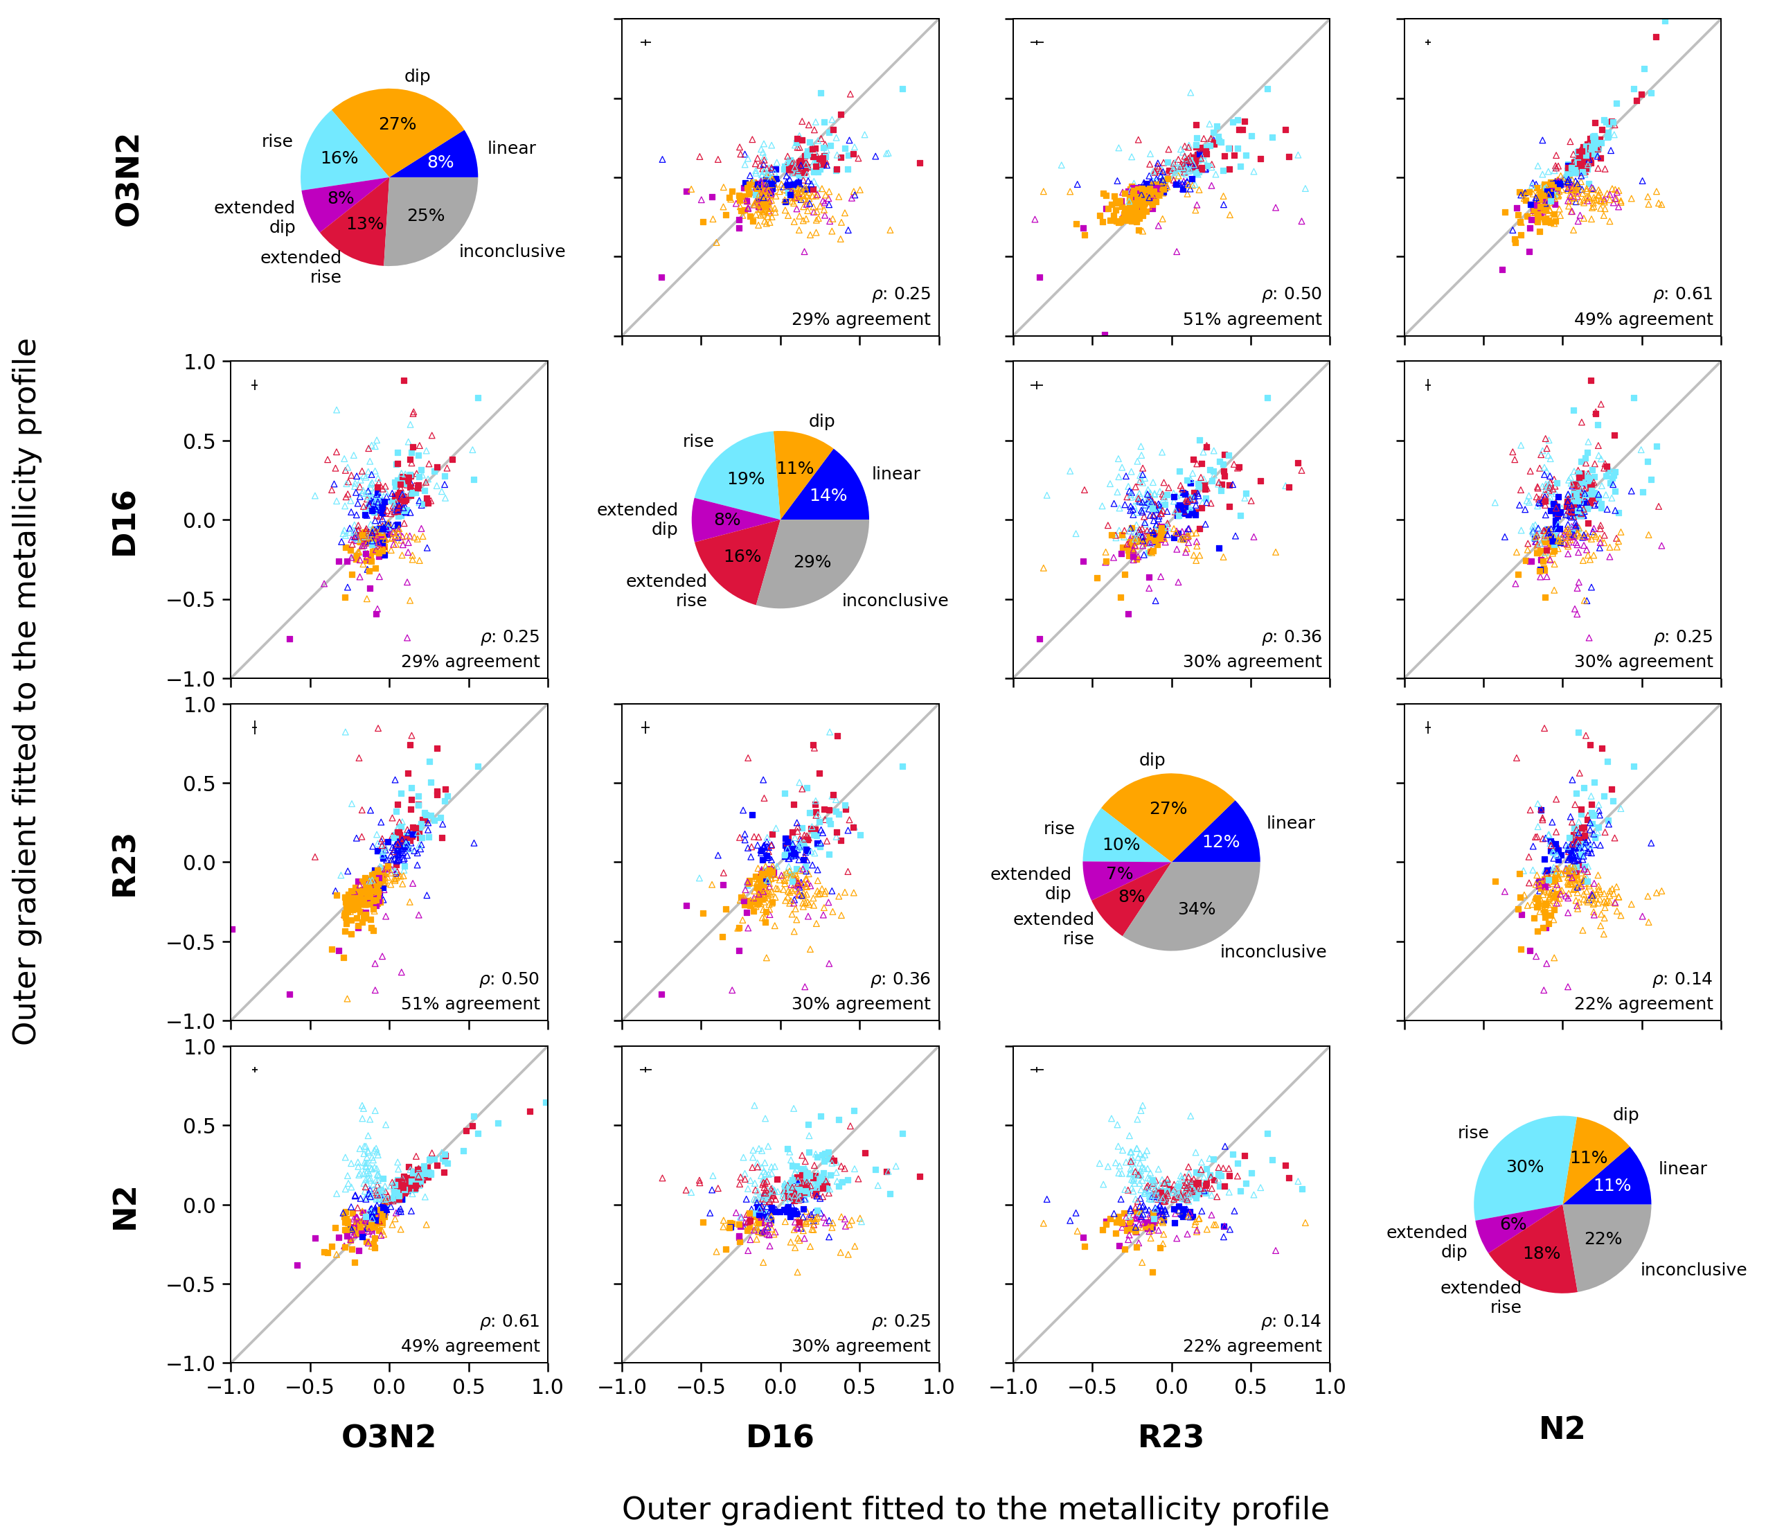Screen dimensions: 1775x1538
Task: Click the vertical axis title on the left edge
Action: click(x=25, y=692)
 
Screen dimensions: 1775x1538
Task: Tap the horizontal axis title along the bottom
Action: click(x=975, y=1508)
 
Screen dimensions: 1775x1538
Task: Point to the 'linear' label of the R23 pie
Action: click(x=1290, y=822)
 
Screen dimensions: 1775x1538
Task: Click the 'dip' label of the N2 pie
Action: click(x=1625, y=1114)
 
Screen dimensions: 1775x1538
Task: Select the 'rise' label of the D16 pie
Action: click(x=698, y=441)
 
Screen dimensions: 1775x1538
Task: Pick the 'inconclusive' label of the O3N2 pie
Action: click(x=512, y=251)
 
